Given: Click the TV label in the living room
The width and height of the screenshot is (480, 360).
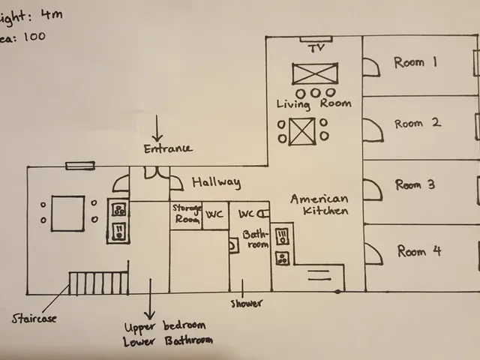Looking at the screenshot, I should [x=315, y=49].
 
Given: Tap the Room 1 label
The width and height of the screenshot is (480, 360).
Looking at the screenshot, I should [x=415, y=63].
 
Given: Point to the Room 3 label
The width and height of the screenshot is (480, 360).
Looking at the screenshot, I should [x=415, y=185].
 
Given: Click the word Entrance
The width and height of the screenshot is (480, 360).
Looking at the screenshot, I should [x=168, y=148].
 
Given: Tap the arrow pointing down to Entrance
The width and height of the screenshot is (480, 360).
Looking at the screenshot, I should [x=157, y=127].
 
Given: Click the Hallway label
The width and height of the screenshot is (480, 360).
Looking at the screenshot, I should [x=216, y=182].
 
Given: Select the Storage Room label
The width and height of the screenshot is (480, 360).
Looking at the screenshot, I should [x=186, y=212].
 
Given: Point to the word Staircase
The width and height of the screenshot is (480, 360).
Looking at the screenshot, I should [x=34, y=318].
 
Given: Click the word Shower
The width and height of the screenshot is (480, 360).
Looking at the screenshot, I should [x=247, y=304].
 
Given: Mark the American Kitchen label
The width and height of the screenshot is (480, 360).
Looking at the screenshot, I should [x=319, y=205].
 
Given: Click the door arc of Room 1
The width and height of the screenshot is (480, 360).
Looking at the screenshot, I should [x=370, y=68].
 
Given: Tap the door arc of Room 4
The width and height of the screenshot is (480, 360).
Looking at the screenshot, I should [x=372, y=254].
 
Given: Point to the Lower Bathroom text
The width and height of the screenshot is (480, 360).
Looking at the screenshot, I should [x=168, y=340].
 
